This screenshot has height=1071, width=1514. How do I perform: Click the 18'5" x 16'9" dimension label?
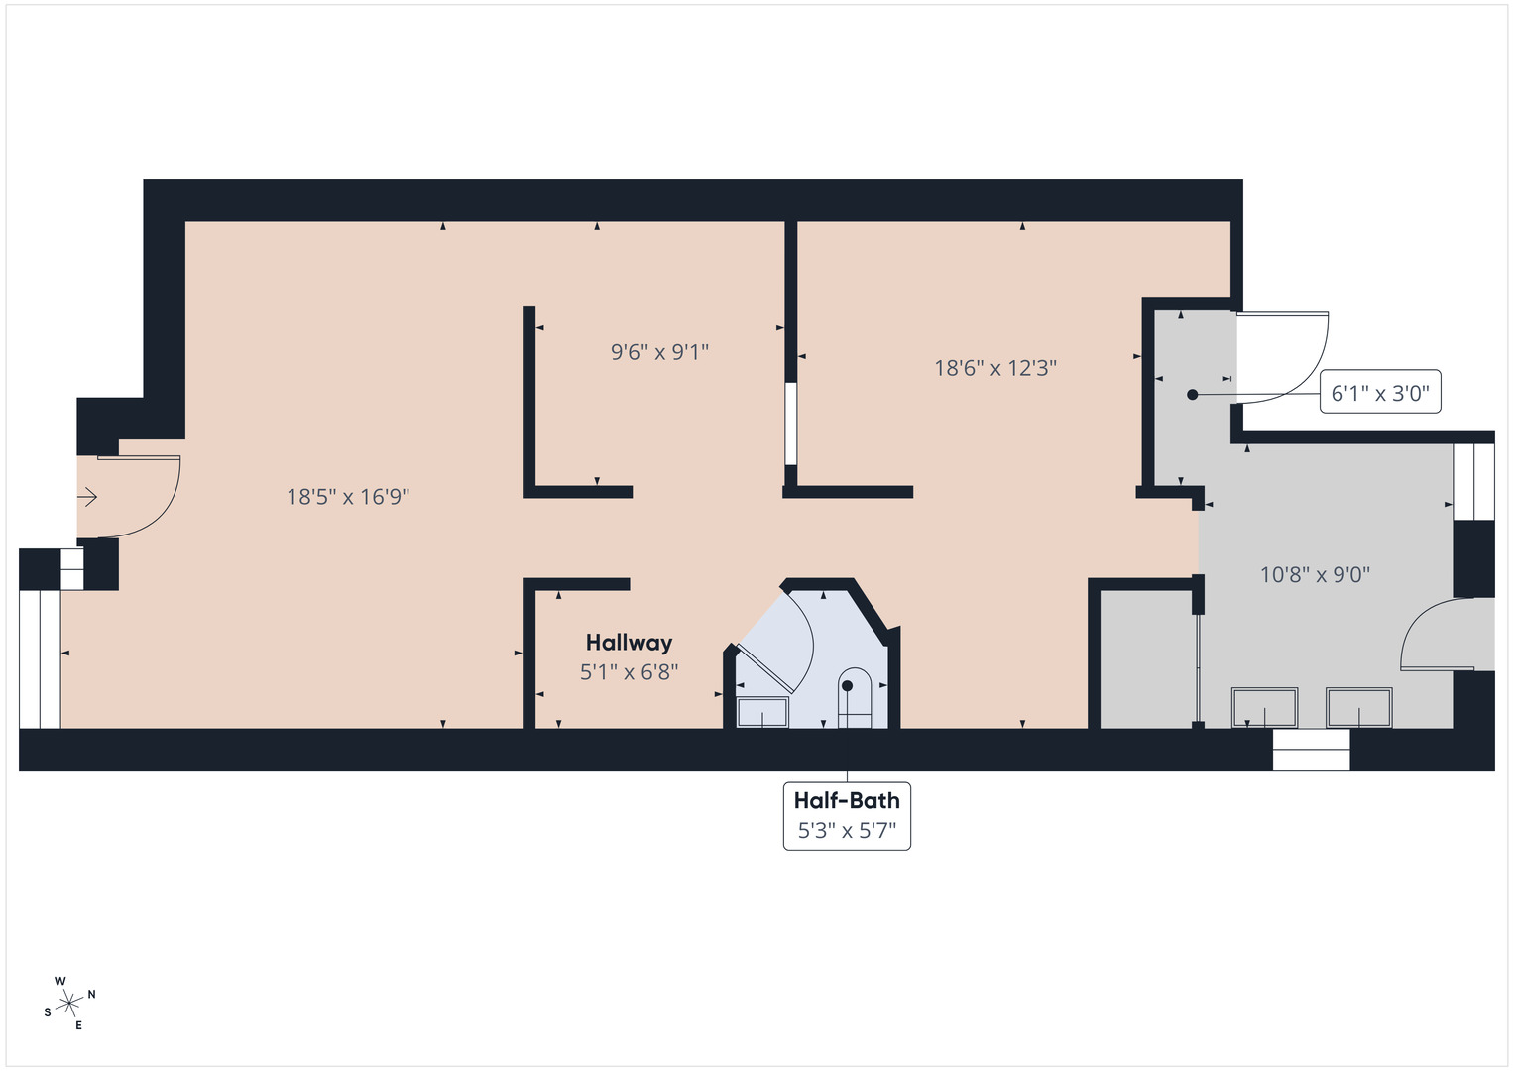(348, 497)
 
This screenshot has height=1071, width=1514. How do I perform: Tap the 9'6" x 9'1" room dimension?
(659, 352)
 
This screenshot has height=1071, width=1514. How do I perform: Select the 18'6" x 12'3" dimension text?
(995, 368)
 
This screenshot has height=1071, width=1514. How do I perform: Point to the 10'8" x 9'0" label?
(1315, 574)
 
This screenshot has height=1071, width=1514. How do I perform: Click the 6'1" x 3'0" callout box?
(1380, 393)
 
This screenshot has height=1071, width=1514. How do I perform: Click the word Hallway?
(629, 643)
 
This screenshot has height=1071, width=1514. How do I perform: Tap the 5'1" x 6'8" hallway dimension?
(629, 672)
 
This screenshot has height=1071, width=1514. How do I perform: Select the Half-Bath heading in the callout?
(847, 800)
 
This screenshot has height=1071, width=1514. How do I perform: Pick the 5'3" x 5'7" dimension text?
(847, 831)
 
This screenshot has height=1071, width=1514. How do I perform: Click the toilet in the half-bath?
(854, 698)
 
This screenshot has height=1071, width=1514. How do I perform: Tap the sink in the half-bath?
(762, 711)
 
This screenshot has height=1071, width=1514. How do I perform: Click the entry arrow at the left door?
(88, 497)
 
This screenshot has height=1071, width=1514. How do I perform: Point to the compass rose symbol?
(68, 1004)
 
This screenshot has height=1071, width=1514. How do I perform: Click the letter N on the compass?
(92, 994)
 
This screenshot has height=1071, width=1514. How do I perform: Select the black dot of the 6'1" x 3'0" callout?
(1193, 394)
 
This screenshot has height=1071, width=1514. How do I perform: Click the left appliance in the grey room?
(1264, 707)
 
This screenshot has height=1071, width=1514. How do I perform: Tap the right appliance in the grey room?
(1359, 707)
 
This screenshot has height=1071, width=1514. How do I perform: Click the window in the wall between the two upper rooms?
(790, 423)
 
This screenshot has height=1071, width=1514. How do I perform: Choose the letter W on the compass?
(60, 981)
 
